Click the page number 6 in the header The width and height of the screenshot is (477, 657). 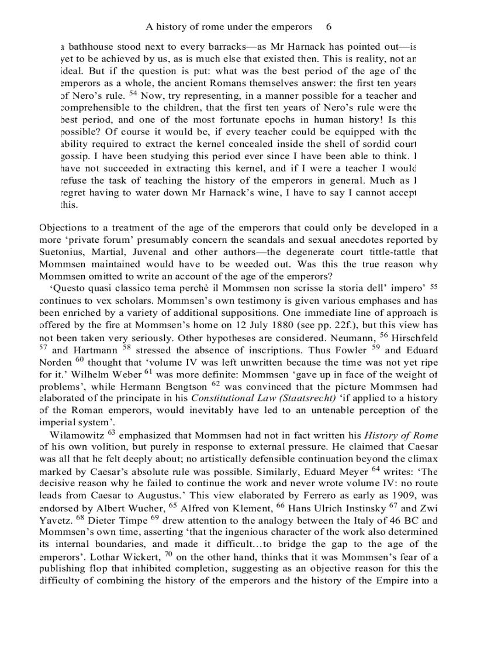(x=329, y=27)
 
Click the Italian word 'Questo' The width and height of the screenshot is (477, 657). (x=69, y=288)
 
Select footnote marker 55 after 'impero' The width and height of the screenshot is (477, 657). (x=433, y=287)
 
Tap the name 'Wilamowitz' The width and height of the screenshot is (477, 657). (x=76, y=435)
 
